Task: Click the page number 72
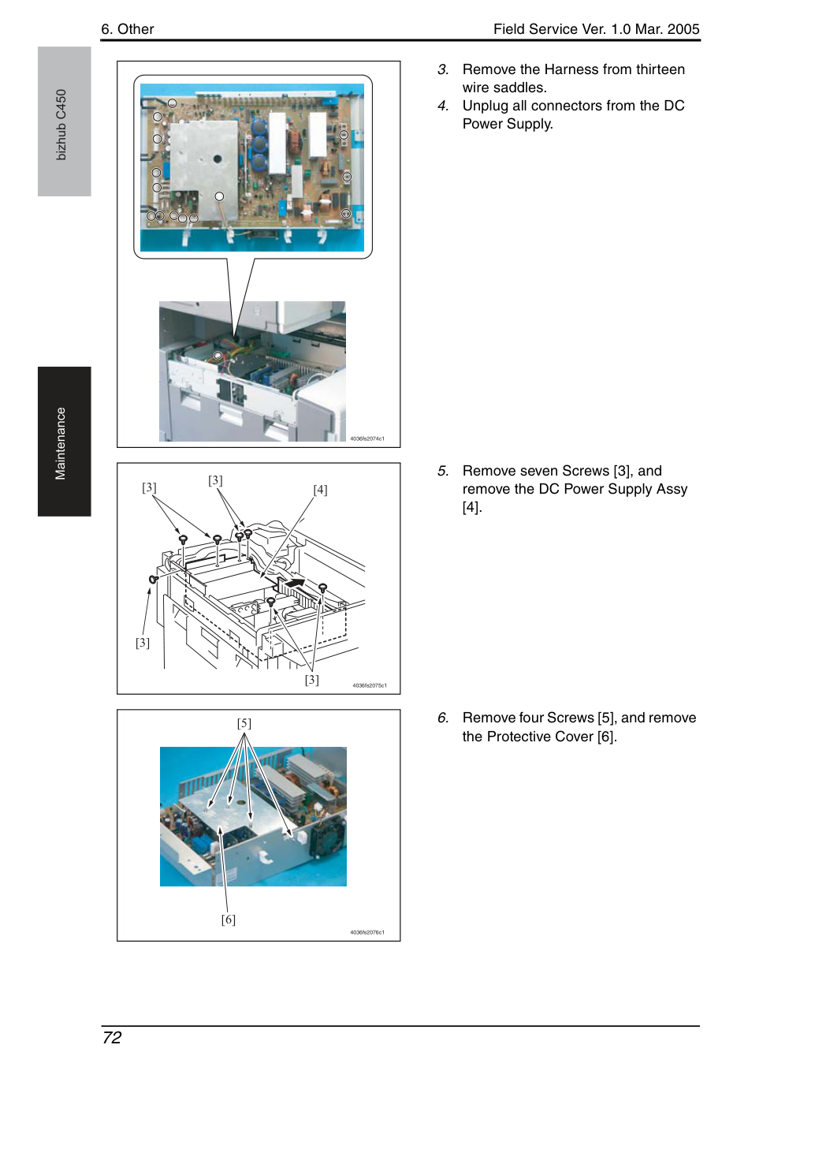pos(112,1037)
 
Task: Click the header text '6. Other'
pos(127,29)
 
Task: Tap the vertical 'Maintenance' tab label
pos(61,443)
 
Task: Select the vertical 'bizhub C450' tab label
pos(61,125)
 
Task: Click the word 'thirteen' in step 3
pos(660,69)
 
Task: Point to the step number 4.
pos(442,106)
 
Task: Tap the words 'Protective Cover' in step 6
pos(540,736)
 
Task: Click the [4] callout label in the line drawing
pos(320,490)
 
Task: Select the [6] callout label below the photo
pos(229,920)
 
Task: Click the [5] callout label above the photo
pos(244,723)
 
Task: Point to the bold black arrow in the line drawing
pos(294,583)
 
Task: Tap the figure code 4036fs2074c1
pos(367,438)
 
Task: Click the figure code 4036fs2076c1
pos(367,932)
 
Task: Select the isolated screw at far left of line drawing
pos(153,580)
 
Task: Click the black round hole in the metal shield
pos(217,159)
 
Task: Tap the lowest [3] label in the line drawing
pos(312,680)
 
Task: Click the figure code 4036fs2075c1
pos(370,685)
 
